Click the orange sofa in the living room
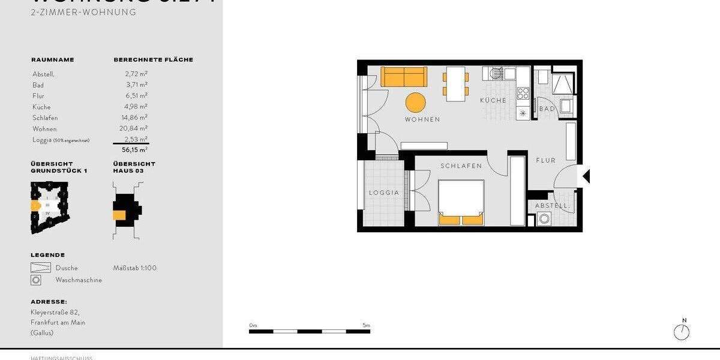coord(404,76)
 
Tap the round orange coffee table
coord(415,102)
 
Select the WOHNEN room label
coord(422,119)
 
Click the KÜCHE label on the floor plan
coord(493,100)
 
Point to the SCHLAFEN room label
coord(461,166)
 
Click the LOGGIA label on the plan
coord(384,193)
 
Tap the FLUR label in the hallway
coord(546,160)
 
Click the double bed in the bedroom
coord(461,202)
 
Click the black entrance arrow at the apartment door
coord(586,176)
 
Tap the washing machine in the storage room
coord(545,220)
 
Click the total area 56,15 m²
coord(135,150)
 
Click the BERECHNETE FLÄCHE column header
coord(153,60)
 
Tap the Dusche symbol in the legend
coord(41,268)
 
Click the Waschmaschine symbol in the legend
coord(36,280)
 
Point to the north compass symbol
coord(682,331)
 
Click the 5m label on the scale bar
coord(366,325)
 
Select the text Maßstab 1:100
coord(134,268)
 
